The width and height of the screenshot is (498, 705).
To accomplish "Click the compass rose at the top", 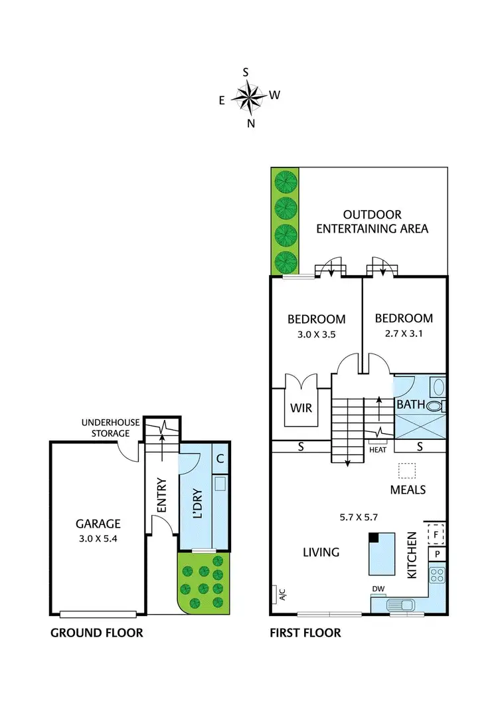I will (250, 97).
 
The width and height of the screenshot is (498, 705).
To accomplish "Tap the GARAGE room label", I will (97, 523).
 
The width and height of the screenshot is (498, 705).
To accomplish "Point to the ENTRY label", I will (161, 495).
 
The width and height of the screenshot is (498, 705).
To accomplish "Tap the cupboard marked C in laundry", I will (220, 458).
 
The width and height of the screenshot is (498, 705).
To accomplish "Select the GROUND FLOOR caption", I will (97, 633).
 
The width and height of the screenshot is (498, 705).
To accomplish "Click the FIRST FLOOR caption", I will (305, 633).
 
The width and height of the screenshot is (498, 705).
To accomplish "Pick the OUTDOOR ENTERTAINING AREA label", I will (372, 222).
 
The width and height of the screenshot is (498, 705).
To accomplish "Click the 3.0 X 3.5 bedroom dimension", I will (316, 335).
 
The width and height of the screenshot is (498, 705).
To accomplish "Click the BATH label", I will (409, 404).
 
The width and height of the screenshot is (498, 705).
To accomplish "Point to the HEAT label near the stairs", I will (377, 450).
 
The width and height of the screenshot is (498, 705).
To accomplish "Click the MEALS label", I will (408, 490).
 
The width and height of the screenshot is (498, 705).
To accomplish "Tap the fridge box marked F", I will (436, 533).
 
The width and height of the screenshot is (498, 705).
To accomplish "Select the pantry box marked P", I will (437, 554).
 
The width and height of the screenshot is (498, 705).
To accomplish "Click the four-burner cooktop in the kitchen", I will (438, 573).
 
